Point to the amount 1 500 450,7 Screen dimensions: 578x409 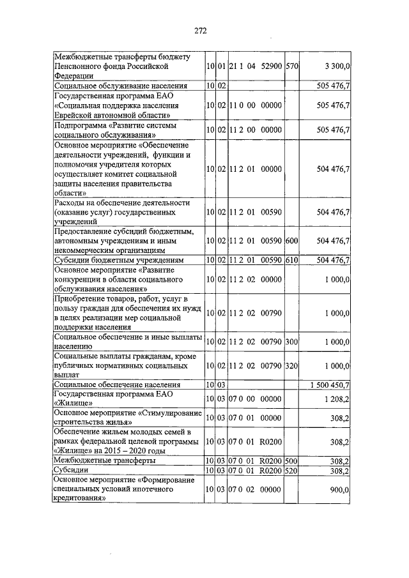click(329, 385)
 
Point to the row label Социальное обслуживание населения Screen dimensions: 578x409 click(121, 85)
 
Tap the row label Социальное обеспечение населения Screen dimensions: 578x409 click(118, 385)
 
